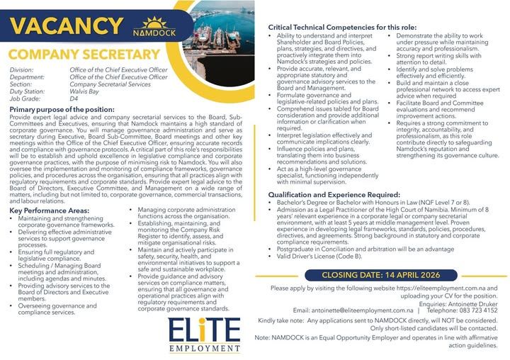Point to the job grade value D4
tap(74, 100)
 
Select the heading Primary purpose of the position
tap(62, 110)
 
